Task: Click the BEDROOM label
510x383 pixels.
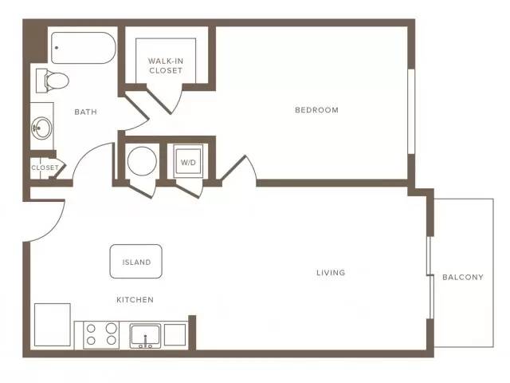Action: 316,110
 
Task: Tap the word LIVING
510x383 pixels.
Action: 331,272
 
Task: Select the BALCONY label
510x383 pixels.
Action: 463,277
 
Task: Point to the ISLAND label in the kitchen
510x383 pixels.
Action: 136,263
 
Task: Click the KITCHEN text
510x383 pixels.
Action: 135,300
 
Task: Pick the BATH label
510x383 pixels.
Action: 85,112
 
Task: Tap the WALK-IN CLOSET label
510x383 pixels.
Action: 166,65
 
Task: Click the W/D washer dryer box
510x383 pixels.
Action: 188,161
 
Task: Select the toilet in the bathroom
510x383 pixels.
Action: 53,81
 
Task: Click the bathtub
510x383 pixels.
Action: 83,48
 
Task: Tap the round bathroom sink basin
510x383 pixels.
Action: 41,128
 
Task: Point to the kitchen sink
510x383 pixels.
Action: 145,336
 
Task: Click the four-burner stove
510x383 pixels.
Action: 101,335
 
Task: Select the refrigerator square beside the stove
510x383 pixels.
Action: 53,325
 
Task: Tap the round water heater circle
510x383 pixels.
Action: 142,161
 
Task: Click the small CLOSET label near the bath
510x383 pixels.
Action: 45,168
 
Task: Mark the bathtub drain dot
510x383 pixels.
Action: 57,48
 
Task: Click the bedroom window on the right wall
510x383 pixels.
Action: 411,112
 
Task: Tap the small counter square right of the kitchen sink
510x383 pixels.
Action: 175,334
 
